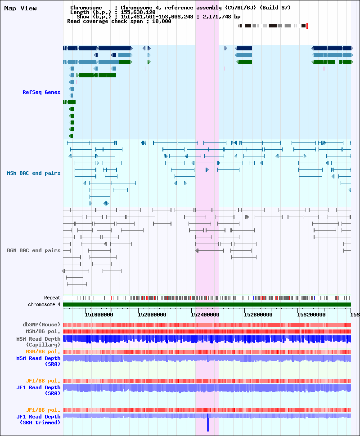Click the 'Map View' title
20,9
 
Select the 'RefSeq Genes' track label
41,92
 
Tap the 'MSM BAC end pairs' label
34,173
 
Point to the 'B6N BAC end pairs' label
34,250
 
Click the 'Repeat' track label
52,298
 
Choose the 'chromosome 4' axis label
44,304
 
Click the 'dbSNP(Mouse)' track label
41,325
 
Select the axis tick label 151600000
99,315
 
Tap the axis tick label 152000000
152,315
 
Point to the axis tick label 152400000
205,315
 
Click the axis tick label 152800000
258,315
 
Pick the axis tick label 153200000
311,315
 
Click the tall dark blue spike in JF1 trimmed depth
208,423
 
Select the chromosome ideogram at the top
273,26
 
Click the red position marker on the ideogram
307,26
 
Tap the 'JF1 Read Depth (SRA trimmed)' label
38,420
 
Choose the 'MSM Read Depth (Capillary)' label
38,342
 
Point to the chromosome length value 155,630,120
138,12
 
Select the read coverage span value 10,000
162,22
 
